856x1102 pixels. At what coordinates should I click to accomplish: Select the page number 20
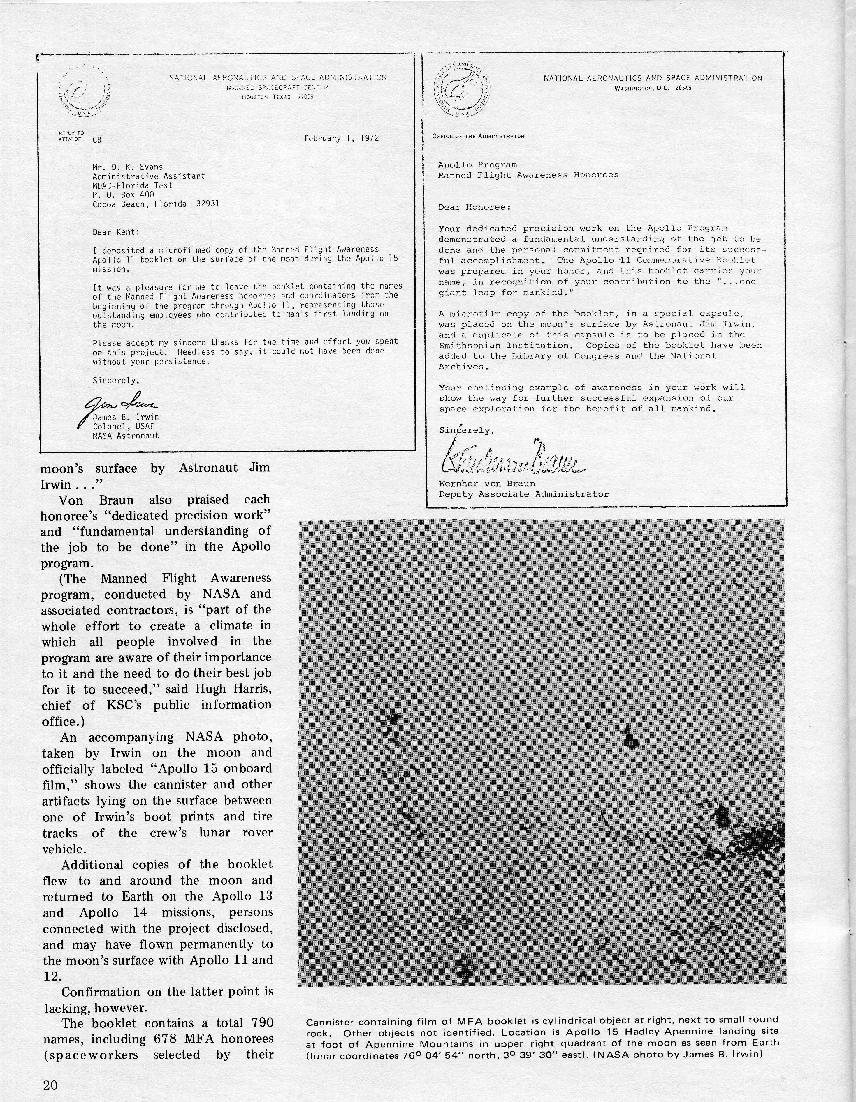(50, 1085)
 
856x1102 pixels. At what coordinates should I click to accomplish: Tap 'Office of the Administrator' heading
(478, 136)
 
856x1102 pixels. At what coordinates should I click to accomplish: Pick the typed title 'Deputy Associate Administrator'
(523, 494)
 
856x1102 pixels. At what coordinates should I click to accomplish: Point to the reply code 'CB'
(97, 140)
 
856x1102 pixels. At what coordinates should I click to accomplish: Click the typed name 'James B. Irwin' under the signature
(126, 417)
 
